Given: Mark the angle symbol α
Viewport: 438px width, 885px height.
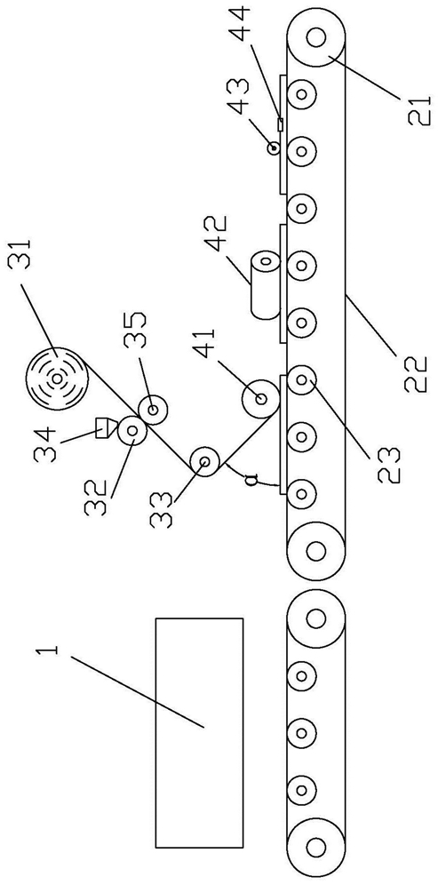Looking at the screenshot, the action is (253, 481).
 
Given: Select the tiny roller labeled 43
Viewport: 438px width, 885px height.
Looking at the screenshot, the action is (274, 148).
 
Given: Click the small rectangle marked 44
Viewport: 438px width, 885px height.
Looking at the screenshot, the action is (280, 124).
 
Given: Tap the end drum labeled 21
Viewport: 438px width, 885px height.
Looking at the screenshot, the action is (316, 38).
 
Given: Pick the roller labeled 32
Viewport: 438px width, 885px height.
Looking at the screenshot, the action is (132, 431).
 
